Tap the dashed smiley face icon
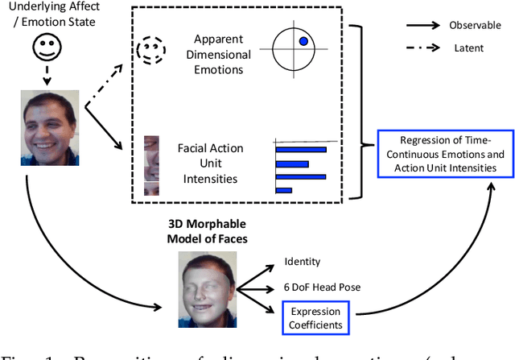click(150, 51)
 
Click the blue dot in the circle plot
click(303, 41)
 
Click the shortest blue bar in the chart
click(283, 191)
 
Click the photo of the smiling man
click(50, 127)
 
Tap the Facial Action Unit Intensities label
click(211, 164)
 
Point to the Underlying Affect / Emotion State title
click(51, 14)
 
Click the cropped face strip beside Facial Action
click(150, 165)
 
